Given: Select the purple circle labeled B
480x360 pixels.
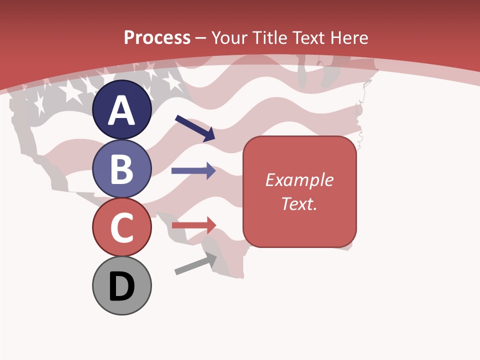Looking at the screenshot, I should click(121, 169).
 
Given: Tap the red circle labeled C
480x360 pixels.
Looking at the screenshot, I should click(121, 227).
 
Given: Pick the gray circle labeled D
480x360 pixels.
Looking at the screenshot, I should click(121, 285).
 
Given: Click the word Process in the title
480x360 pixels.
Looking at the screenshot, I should click(157, 37).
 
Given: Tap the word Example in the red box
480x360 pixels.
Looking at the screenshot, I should click(299, 180).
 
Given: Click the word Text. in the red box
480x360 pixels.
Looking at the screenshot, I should click(299, 203).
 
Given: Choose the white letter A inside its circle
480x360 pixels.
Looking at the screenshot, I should click(121, 110).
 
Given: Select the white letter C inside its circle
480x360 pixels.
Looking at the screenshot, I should click(121, 228).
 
